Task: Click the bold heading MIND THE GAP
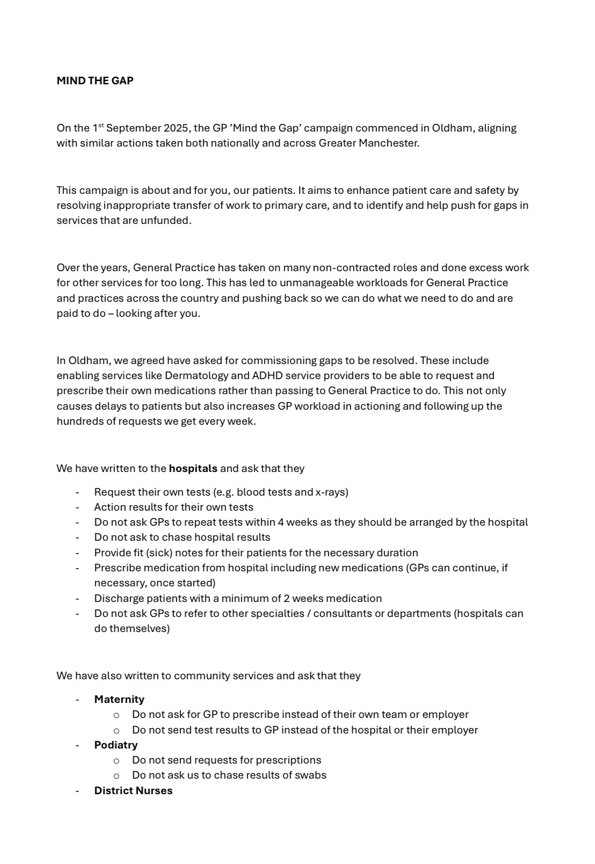(95, 81)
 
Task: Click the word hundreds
(77, 422)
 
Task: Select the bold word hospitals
(193, 468)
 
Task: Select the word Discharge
(115, 598)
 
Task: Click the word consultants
(342, 613)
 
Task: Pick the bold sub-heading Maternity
(119, 699)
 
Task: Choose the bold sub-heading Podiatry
(116, 745)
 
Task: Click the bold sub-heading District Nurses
(133, 790)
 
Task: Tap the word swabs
(310, 775)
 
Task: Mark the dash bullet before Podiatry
(77, 745)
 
